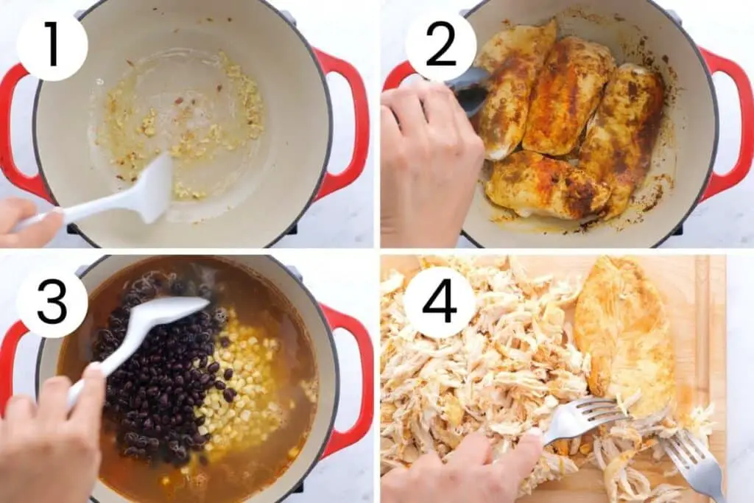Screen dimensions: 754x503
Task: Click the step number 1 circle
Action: pos(52,46)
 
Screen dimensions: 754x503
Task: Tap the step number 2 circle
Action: pos(440,46)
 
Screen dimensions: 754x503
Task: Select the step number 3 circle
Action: pos(52,303)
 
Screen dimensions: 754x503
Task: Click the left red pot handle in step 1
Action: pos(19,130)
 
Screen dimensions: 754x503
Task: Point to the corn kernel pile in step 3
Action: pos(236,384)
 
